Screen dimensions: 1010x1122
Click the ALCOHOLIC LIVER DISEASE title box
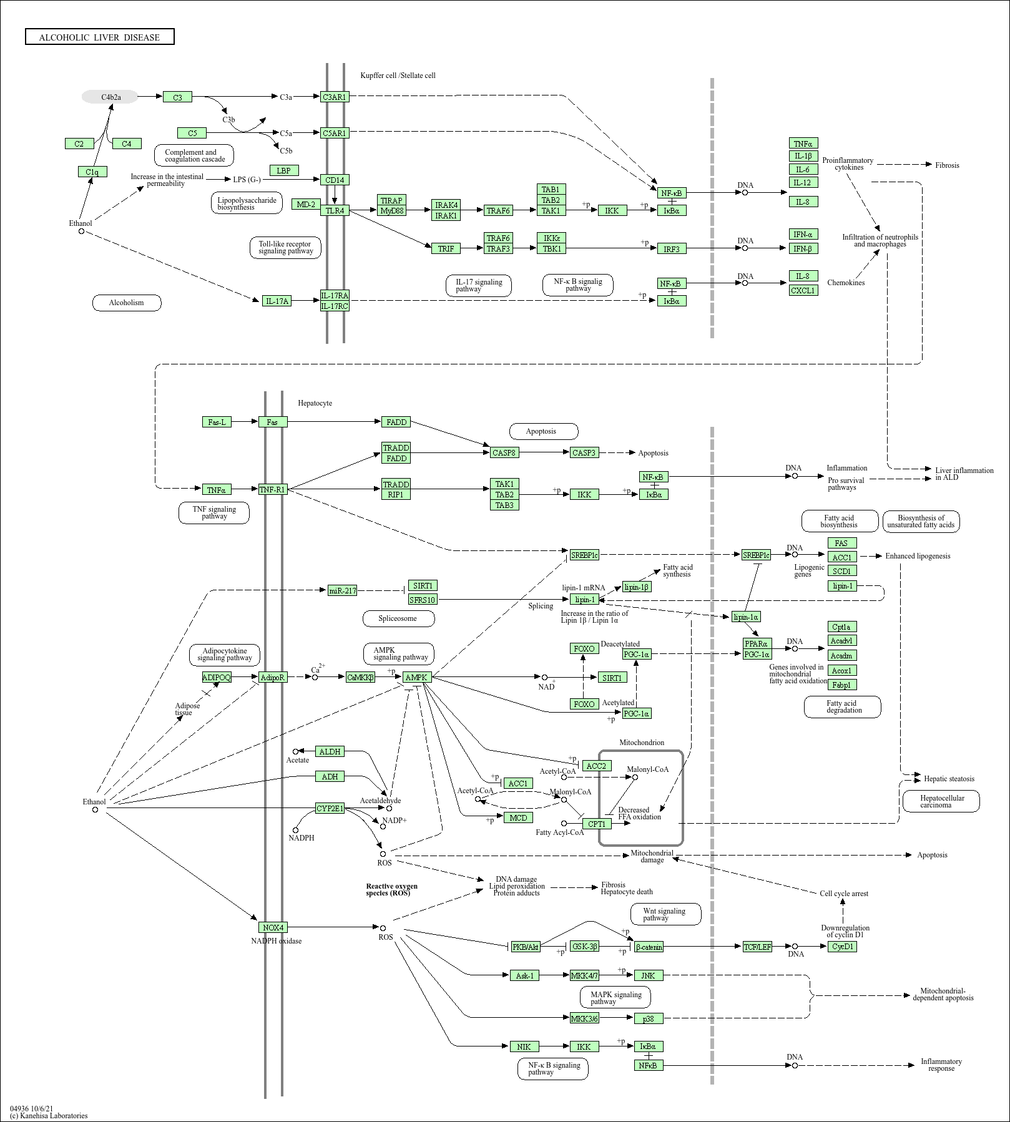(100, 37)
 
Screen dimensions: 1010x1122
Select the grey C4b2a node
(110, 97)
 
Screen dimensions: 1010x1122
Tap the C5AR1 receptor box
(335, 133)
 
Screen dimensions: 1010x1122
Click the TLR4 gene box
(335, 210)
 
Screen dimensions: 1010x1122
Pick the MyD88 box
(392, 210)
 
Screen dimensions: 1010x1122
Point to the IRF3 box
(672, 248)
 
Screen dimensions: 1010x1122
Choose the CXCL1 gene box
(803, 290)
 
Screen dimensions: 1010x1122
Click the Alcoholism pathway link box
(127, 303)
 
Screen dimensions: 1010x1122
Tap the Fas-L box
(217, 422)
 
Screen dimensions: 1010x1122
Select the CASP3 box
(584, 452)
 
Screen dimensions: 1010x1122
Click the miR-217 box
(343, 590)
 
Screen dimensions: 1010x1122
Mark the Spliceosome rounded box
(398, 618)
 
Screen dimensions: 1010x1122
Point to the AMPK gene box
(416, 677)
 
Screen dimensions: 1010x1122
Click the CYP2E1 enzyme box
(330, 808)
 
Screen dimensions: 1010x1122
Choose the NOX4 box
(273, 927)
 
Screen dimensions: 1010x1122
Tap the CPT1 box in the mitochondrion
(597, 824)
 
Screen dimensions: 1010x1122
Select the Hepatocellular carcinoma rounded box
(941, 801)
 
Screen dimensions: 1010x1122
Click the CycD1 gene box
(842, 946)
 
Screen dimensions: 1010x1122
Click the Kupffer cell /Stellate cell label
(398, 76)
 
